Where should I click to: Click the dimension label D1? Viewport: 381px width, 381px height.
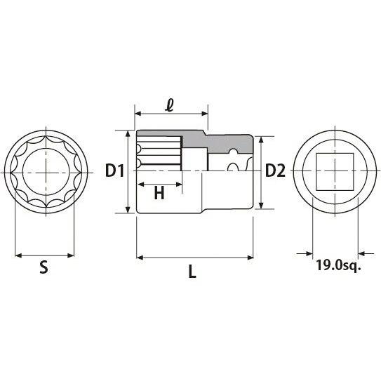114,171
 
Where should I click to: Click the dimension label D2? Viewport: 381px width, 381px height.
275,171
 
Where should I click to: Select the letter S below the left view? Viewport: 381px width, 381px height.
44,267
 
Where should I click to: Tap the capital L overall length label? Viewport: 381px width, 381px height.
192,271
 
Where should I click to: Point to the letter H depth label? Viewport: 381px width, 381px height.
159,193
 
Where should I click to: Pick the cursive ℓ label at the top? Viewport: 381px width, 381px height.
169,105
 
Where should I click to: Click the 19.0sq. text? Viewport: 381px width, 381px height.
338,265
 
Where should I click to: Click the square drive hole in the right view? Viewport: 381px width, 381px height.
335,172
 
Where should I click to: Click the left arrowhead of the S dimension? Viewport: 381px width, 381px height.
18,255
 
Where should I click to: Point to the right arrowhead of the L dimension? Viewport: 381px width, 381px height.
250,258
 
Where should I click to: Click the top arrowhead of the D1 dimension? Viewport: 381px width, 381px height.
128,134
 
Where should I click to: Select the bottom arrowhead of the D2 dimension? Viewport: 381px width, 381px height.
261,206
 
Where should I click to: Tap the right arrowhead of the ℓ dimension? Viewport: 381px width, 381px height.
205,114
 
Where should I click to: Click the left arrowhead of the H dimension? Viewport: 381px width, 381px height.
141,185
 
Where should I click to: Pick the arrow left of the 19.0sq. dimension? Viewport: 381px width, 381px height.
305,254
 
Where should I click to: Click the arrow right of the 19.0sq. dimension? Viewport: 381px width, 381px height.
366,254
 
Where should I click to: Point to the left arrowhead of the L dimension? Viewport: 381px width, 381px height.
140,258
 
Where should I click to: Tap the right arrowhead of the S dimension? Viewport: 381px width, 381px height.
70,255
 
